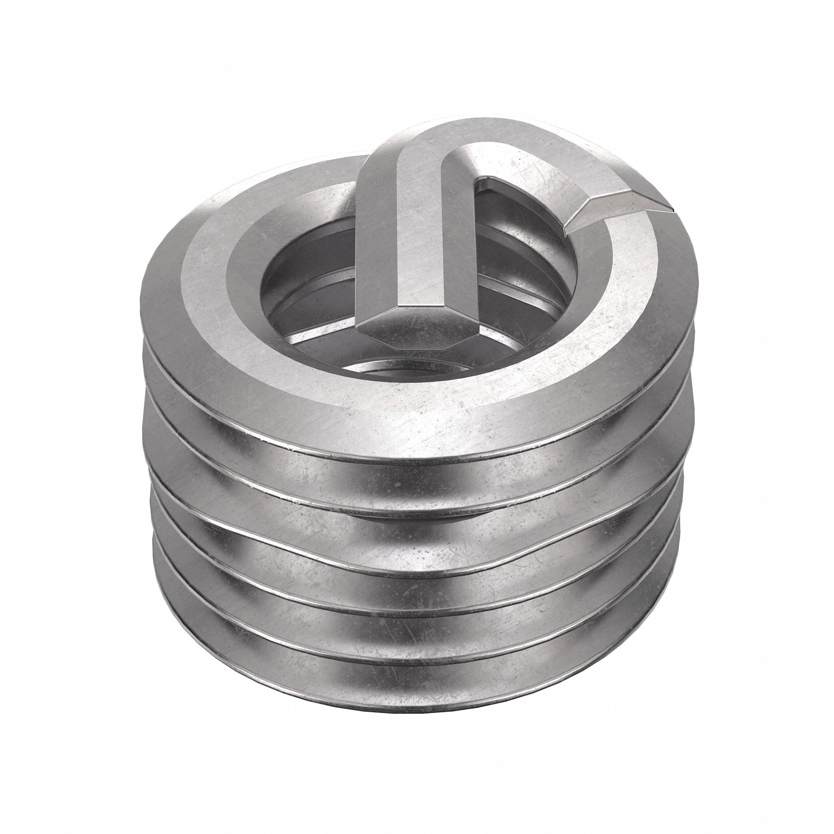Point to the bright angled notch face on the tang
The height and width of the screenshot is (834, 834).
604,211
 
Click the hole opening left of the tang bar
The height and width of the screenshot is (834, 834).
302,276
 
